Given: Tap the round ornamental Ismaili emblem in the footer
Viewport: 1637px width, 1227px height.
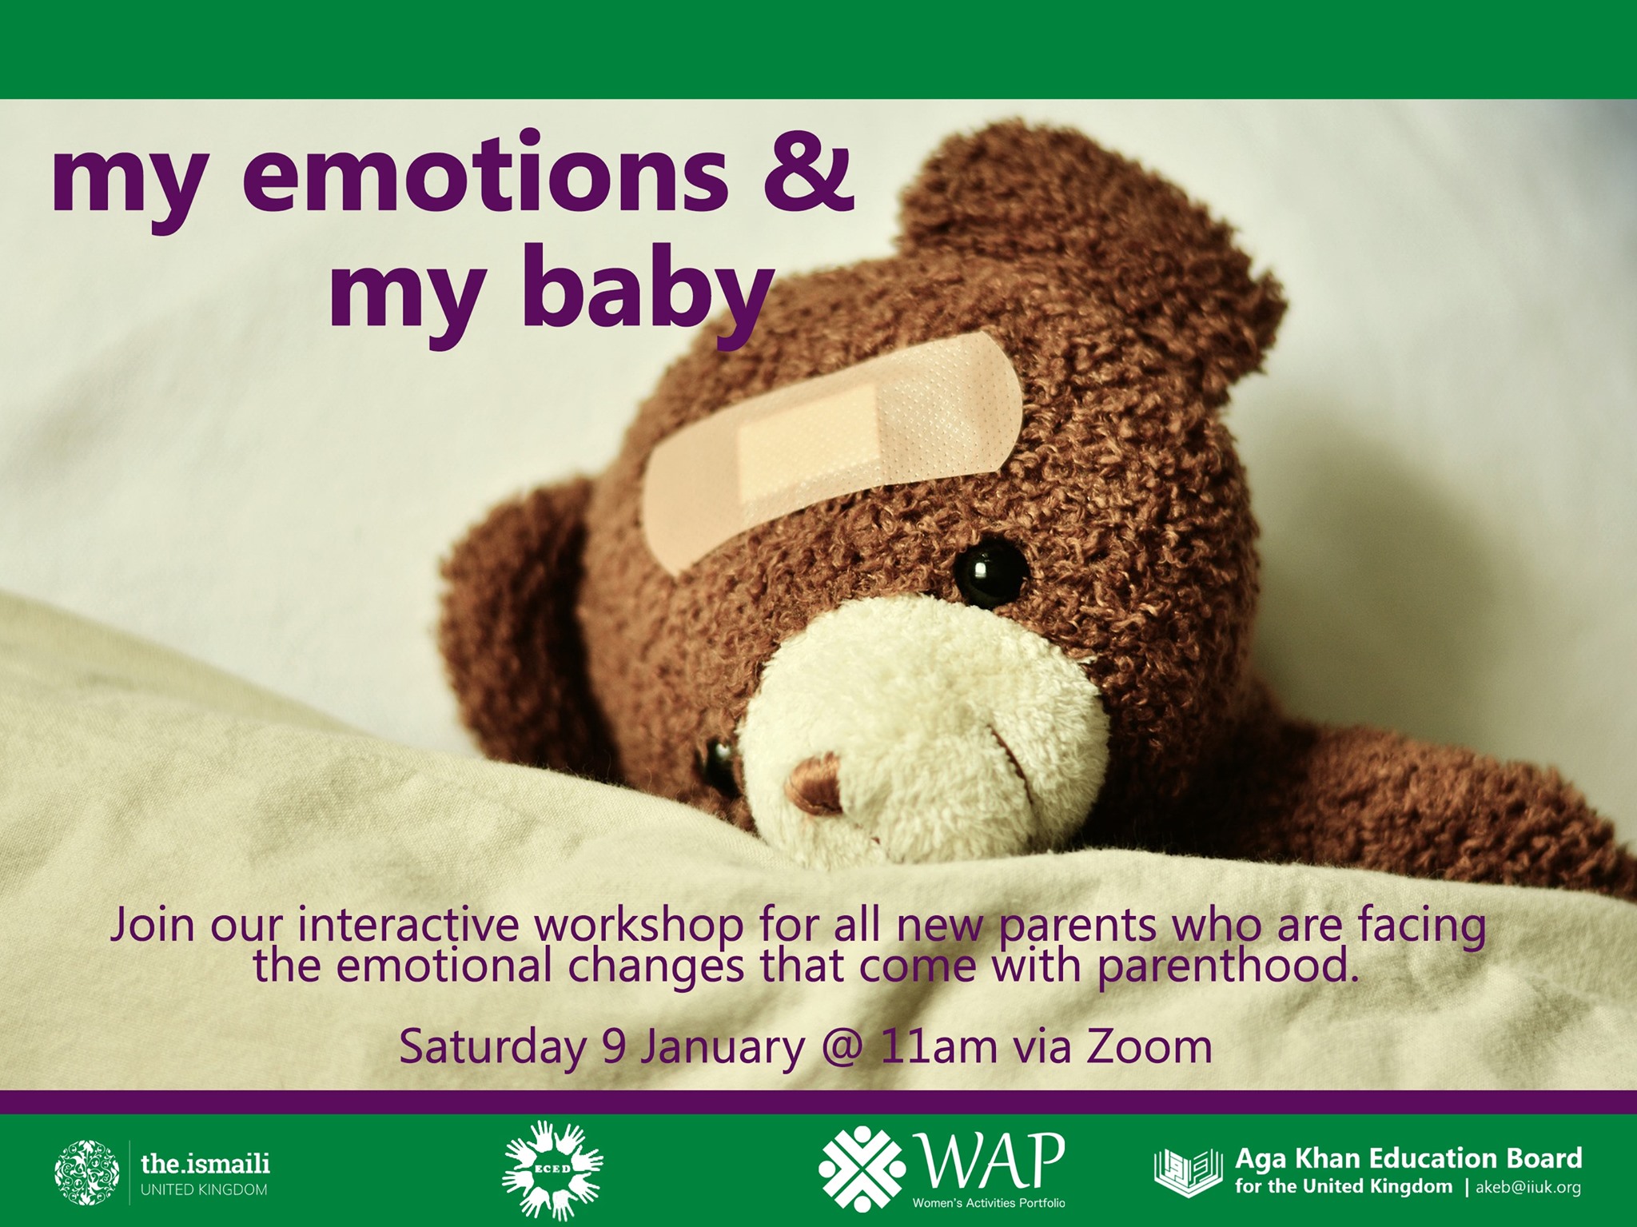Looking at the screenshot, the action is (86, 1173).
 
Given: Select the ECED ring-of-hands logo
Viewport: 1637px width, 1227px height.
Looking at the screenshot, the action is (552, 1170).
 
